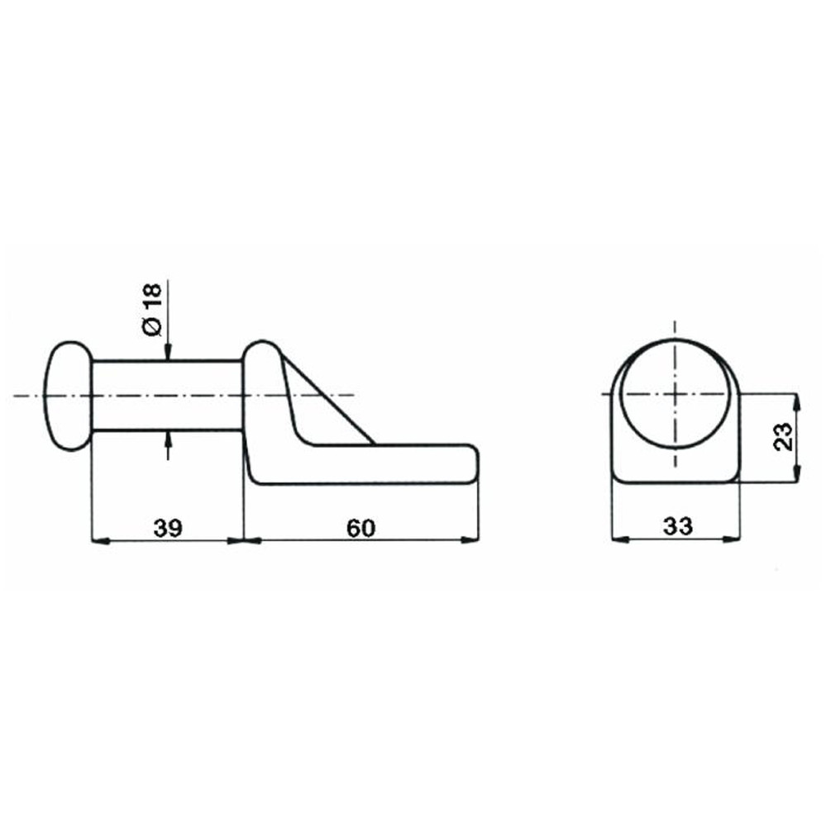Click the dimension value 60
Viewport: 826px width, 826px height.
360,527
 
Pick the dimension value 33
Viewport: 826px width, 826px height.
676,527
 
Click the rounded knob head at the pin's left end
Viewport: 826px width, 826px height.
65,396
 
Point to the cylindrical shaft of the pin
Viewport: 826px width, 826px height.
165,396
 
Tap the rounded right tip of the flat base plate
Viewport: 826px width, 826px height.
471,463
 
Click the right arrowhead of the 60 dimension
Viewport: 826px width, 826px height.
470,541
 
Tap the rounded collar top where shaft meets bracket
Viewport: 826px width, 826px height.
264,345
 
